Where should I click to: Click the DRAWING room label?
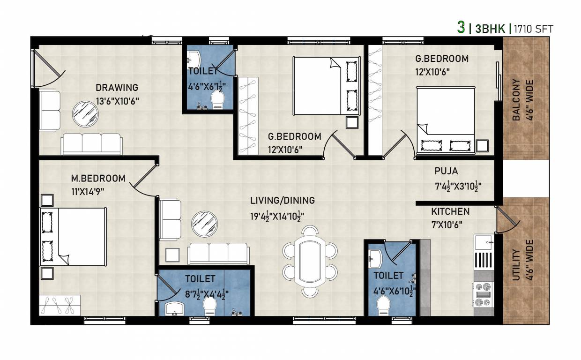[117, 88]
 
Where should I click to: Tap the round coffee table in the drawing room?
[85, 113]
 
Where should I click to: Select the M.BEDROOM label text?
[98, 179]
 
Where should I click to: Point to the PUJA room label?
[446, 172]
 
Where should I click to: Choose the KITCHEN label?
[450, 212]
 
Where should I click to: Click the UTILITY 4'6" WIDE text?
[523, 260]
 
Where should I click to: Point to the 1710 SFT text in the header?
[533, 29]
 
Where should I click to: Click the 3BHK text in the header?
[490, 29]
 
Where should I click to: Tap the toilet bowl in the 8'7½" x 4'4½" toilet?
[209, 307]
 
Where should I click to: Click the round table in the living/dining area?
[204, 224]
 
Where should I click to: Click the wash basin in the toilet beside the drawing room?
[194, 59]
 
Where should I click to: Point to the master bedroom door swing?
[143, 183]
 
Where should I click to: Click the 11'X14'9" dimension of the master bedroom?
[87, 191]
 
